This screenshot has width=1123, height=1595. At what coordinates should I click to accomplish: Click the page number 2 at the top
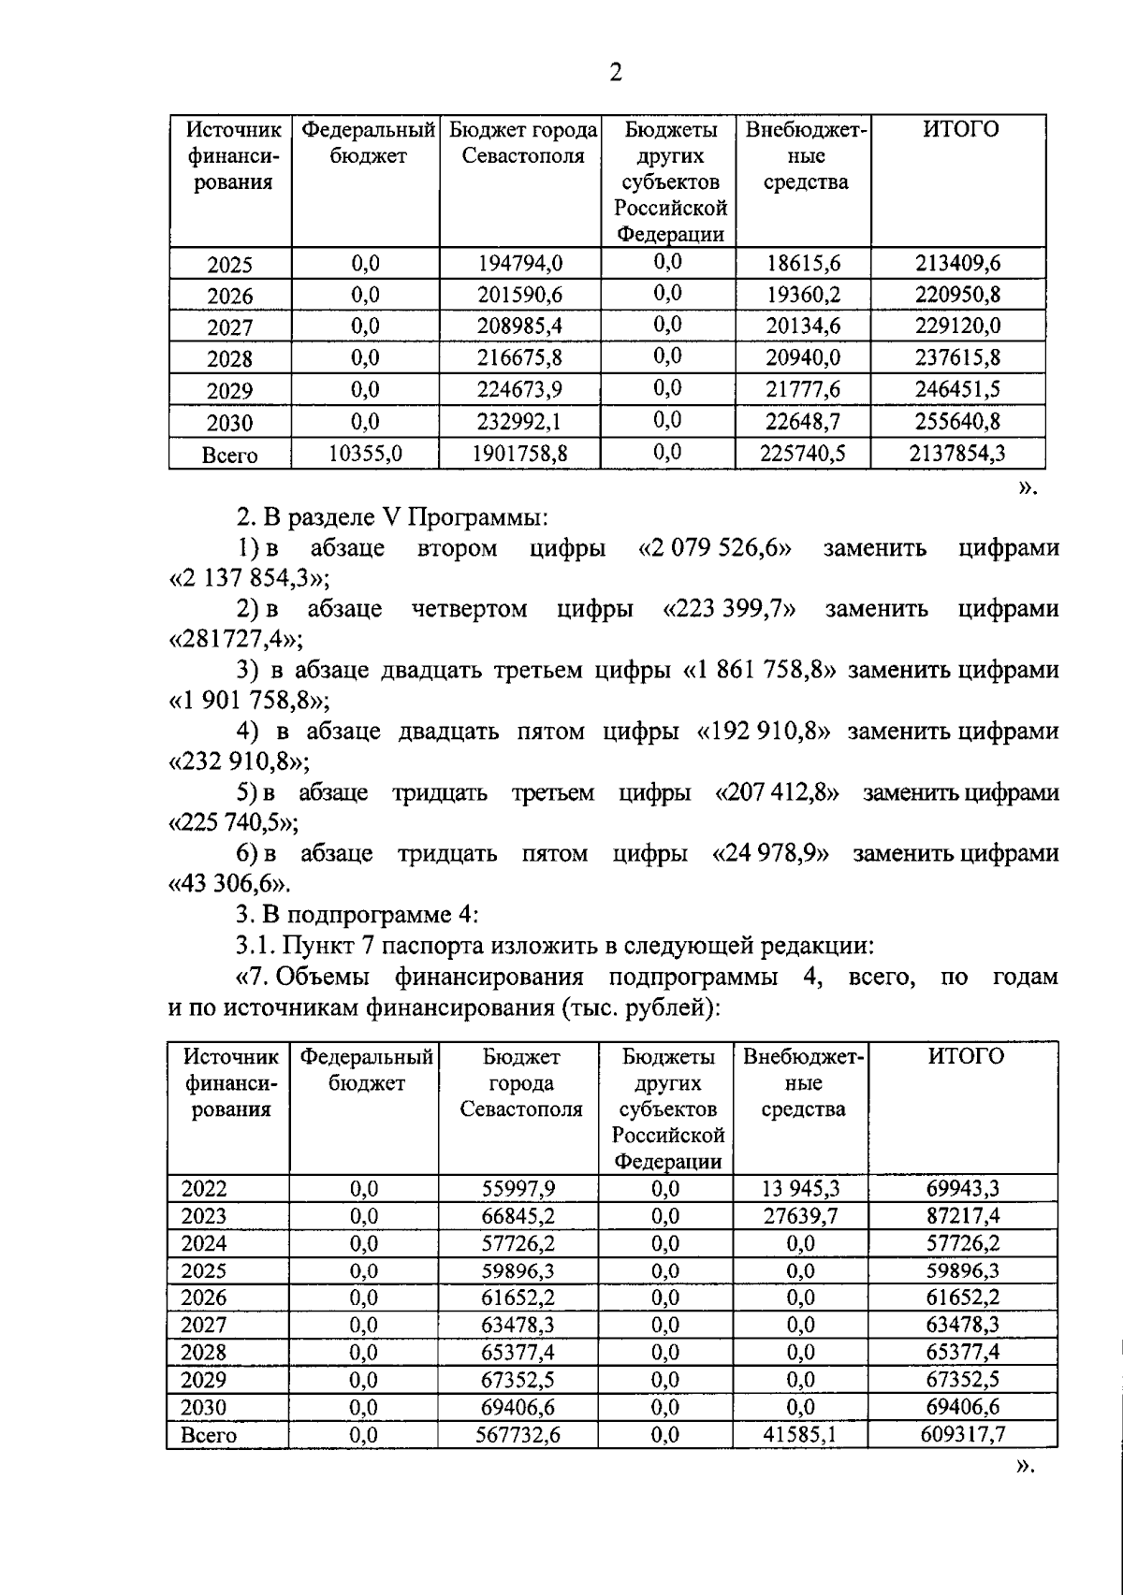[615, 72]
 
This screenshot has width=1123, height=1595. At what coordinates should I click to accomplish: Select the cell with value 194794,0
[520, 263]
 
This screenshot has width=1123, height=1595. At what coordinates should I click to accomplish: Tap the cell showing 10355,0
[365, 454]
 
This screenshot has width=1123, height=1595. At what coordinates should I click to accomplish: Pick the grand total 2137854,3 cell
[957, 454]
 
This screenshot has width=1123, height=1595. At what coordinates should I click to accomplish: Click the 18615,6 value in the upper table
[803, 263]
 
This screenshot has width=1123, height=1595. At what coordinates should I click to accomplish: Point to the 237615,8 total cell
[957, 357]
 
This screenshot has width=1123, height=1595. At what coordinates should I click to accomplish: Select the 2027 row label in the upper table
[230, 327]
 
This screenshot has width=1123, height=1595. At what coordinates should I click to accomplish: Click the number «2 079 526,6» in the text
[715, 548]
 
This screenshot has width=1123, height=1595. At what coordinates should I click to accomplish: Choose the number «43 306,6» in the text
[228, 884]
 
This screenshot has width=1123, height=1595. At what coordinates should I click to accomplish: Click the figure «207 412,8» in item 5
[777, 793]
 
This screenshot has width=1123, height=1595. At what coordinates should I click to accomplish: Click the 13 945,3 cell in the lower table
[800, 1189]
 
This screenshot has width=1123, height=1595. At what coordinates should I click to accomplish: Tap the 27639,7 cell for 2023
[800, 1216]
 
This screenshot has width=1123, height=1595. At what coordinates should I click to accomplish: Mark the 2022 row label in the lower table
[204, 1189]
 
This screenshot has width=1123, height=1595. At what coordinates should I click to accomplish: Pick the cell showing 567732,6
[520, 1435]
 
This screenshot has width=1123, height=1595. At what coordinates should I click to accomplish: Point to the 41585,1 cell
[800, 1435]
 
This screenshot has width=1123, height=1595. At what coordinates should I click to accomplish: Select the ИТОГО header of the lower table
[966, 1057]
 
